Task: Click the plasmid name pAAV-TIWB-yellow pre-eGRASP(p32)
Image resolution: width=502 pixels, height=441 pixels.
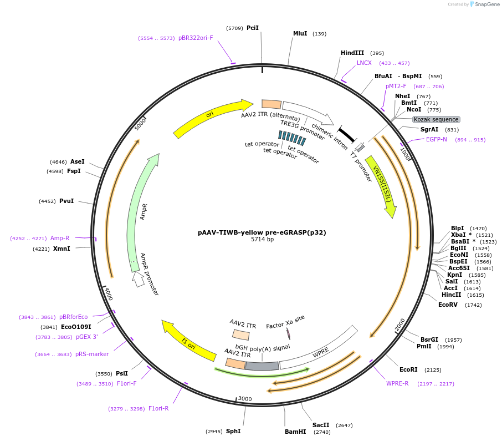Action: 262,232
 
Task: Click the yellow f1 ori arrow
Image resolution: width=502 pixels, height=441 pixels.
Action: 188,340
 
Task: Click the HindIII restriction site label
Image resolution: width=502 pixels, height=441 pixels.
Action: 352,53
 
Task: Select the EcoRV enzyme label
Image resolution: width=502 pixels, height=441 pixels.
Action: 448,305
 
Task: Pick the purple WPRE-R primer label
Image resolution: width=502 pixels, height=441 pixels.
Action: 397,383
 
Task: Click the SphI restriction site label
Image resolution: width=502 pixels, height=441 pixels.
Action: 233,431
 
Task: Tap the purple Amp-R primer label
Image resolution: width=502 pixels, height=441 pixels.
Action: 60,238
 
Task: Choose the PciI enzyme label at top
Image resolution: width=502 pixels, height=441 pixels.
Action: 253,27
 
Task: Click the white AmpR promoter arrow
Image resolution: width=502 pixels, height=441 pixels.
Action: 138,280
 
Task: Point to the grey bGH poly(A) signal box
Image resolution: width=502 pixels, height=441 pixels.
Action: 262,366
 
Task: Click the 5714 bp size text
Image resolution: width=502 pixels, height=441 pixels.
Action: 262,240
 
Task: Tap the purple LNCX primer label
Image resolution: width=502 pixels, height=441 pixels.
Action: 364,63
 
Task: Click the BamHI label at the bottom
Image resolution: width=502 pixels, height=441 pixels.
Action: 295,431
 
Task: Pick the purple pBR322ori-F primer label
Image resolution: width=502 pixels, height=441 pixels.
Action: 196,38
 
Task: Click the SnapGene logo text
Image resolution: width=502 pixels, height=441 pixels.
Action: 485,4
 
